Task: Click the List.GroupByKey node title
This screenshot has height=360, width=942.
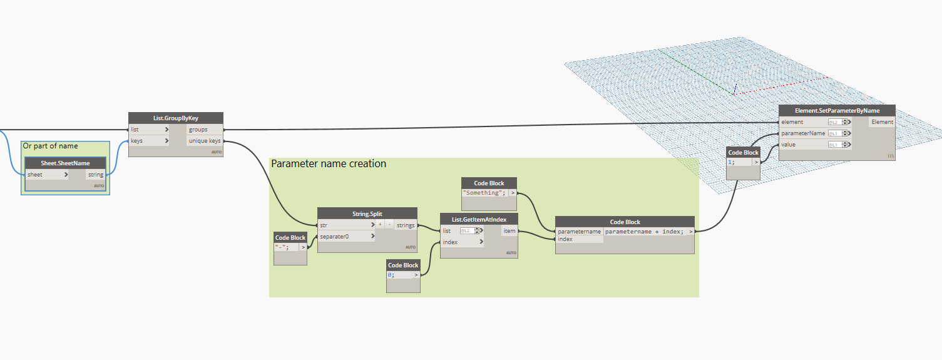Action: tap(176, 118)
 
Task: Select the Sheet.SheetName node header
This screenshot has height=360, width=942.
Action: tap(65, 163)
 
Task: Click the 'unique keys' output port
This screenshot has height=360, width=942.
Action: tap(205, 141)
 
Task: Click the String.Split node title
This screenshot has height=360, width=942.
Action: tap(367, 213)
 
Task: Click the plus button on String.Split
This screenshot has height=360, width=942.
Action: tap(380, 225)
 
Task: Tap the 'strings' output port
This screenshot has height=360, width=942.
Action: tap(405, 225)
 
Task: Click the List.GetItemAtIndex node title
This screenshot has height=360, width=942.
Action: tap(478, 219)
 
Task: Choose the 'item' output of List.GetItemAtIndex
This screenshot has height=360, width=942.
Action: tap(509, 231)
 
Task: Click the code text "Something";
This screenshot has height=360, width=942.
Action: tap(484, 193)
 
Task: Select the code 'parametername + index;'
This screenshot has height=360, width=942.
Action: tap(645, 232)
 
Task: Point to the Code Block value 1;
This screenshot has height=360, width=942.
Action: tap(734, 162)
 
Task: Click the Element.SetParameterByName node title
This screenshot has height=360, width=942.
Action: tap(837, 110)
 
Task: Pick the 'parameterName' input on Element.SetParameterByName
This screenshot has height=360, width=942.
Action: tap(803, 133)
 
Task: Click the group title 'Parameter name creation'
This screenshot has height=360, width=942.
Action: tap(329, 164)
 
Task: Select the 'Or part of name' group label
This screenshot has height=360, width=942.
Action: tap(51, 146)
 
